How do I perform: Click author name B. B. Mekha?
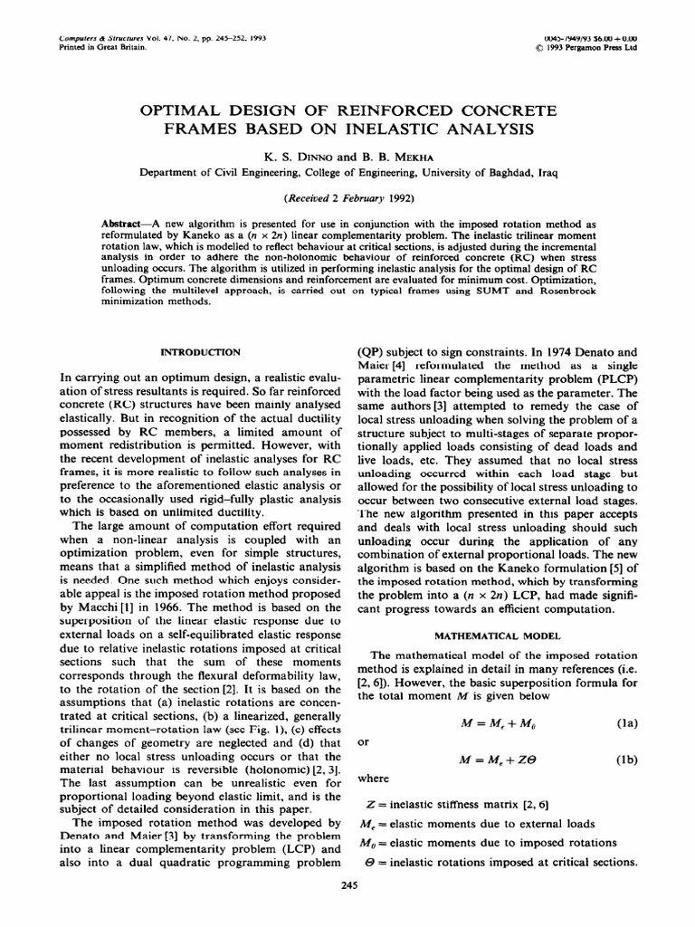click(x=373, y=156)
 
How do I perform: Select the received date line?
click(x=347, y=199)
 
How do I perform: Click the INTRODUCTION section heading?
click(x=200, y=351)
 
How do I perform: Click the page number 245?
click(x=347, y=886)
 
